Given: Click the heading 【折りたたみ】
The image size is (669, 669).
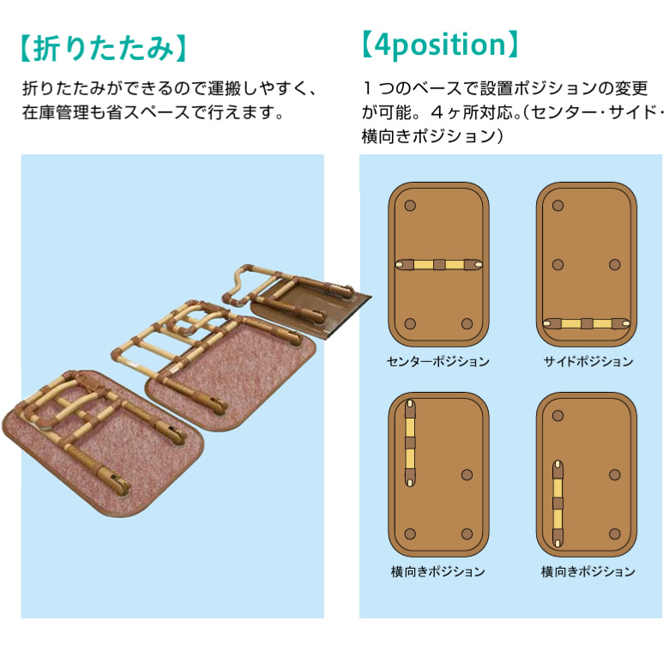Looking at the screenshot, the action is click(103, 48).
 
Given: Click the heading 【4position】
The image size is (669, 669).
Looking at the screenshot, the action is click(440, 45).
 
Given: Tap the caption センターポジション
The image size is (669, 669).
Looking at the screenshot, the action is click(437, 361).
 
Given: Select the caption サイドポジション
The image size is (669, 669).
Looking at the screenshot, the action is click(588, 361).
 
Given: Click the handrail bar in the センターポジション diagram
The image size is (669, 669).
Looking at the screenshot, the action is click(438, 264).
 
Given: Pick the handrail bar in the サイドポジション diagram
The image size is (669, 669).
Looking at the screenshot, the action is click(587, 323).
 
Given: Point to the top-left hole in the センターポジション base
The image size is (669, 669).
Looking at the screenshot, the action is click(410, 206).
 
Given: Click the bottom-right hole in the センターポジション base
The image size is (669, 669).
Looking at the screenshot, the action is click(467, 323).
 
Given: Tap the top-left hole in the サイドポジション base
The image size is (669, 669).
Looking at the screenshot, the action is click(557, 206).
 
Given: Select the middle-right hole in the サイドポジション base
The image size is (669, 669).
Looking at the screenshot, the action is click(614, 264).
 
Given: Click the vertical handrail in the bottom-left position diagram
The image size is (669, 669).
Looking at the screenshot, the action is click(410, 443).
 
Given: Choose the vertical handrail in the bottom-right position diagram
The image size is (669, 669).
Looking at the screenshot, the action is click(557, 503).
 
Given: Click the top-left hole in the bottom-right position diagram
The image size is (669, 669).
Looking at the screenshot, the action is click(557, 416).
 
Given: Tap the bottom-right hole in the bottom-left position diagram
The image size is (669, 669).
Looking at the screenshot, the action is click(467, 533).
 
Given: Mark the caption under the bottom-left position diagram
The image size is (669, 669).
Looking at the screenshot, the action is click(437, 571).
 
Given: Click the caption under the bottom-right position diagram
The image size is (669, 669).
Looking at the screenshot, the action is click(588, 571).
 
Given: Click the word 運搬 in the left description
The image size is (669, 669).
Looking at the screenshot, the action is click(225, 88).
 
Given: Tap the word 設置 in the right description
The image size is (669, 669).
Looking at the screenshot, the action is click(497, 88).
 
